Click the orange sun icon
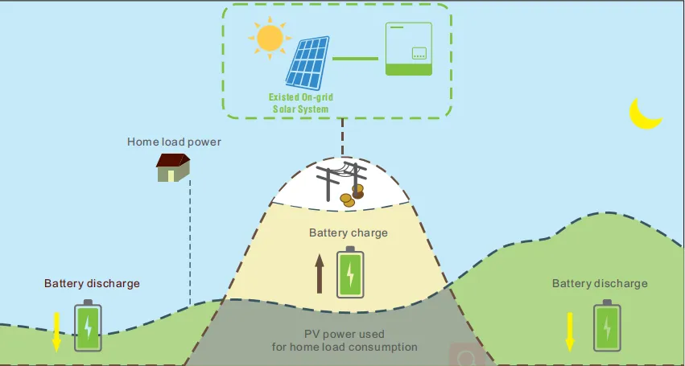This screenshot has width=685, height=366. coord(269,37)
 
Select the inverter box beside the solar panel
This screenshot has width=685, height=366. coord(415,47)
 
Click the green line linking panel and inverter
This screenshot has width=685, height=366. coord(355,59)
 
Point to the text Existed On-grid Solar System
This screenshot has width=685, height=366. coord(301,103)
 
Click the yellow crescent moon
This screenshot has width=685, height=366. coord(644,113)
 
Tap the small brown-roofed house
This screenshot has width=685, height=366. coord(173,167)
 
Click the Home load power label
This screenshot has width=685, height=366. coord(174,142)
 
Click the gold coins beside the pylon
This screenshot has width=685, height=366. coord(351,195)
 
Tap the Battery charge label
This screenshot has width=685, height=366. coord(349,233)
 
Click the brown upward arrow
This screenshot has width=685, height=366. coord(320,273)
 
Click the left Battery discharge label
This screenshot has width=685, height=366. coord(92,284)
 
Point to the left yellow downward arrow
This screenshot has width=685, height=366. coord(56,331)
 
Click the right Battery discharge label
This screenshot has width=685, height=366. coord(600,284)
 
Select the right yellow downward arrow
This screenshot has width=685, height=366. coord(570,331)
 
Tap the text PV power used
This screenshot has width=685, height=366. coord(344,334)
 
